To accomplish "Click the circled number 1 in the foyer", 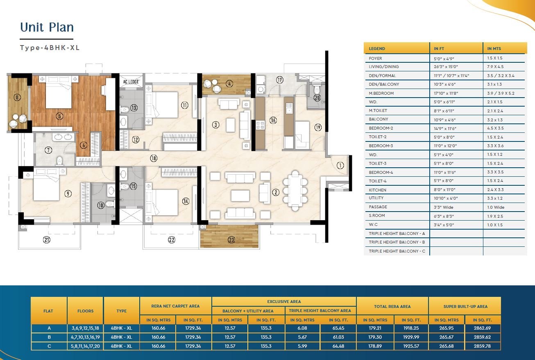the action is (340, 165).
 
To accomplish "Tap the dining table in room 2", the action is (295, 191).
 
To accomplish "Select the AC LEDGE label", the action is (131, 82).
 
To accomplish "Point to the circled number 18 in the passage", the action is (154, 158).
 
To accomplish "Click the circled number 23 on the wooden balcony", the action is (231, 239).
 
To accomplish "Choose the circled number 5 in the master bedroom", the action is (59, 116).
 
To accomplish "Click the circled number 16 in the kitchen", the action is (273, 120).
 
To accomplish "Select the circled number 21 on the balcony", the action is (47, 239).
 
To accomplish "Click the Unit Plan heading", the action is (47, 27).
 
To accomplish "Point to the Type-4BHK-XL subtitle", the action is (50, 48).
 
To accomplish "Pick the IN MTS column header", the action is (494, 48).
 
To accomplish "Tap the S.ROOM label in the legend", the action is (377, 216).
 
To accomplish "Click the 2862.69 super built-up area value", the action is (482, 328).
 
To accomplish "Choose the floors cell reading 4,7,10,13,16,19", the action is (85, 337).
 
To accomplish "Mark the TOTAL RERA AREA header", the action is (392, 306).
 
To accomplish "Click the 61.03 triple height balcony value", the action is (338, 337).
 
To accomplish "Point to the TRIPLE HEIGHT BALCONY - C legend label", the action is (397, 251).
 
